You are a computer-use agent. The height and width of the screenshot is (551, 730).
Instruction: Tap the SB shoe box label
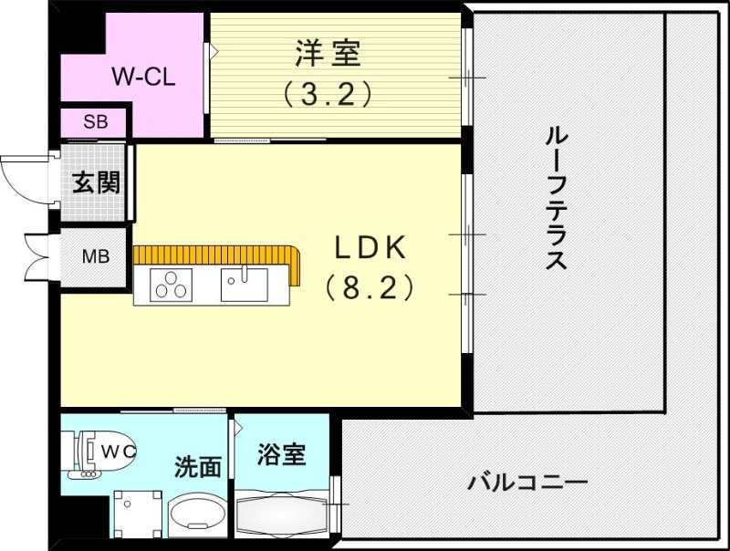94,121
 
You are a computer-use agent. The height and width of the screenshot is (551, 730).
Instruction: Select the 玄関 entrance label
96,183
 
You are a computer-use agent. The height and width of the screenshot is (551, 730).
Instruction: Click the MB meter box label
96,255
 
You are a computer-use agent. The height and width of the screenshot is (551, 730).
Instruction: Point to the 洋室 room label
328,53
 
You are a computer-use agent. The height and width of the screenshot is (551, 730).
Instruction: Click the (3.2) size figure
328,93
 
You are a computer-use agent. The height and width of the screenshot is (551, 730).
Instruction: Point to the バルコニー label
527,481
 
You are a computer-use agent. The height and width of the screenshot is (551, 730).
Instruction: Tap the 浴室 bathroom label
280,453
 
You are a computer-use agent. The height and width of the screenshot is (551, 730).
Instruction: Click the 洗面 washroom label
198,467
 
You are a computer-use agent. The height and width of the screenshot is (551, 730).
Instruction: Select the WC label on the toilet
117,451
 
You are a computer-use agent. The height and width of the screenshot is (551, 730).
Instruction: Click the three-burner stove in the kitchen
172,286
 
